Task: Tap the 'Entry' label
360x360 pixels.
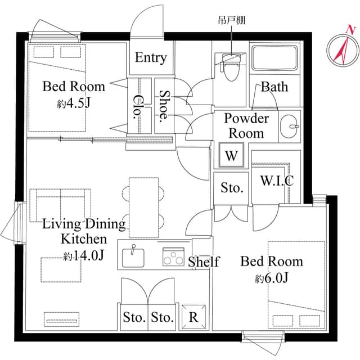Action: click(151, 58)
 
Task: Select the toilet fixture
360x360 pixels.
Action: click(231, 67)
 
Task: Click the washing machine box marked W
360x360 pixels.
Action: click(231, 156)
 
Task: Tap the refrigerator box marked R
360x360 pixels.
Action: click(193, 317)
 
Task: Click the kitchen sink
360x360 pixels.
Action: click(133, 256)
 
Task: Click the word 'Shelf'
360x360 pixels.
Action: click(204, 262)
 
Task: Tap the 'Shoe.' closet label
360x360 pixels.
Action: click(164, 106)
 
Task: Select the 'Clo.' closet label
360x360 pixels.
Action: click(137, 106)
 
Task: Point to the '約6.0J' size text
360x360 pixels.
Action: click(272, 278)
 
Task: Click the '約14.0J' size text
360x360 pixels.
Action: click(84, 256)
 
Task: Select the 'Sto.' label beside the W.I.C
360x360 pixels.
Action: click(231, 188)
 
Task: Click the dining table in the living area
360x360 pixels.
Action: click(145, 209)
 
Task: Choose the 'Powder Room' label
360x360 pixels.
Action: click(246, 126)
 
